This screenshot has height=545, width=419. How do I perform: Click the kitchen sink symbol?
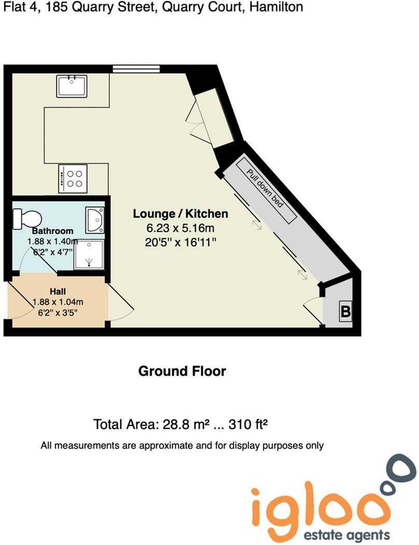72,85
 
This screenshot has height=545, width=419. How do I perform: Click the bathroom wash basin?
95,219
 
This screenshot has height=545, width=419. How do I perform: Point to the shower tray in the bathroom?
88,255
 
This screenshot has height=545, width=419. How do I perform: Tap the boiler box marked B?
345,312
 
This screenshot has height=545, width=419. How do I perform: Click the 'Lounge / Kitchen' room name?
180,214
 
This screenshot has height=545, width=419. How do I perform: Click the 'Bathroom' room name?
52,231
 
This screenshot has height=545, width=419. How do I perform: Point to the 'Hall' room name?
58,291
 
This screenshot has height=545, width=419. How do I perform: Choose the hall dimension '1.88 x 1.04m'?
57,302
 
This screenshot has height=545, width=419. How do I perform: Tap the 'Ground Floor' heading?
182,371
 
